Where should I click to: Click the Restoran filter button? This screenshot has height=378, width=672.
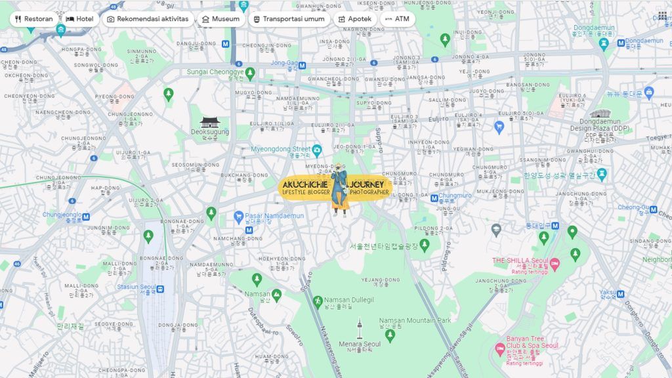click(33, 19)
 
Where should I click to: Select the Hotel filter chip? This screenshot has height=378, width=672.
click(79, 19)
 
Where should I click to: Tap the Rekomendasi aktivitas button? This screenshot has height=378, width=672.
click(148, 19)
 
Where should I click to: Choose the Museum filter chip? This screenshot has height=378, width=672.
click(220, 19)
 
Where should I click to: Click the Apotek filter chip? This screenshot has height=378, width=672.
click(354, 19)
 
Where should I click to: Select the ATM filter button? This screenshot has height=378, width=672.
click(397, 19)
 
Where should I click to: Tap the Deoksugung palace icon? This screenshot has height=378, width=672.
click(209, 122)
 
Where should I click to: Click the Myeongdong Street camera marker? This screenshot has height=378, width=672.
click(317, 150)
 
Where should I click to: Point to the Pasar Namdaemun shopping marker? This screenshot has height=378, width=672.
click(239, 216)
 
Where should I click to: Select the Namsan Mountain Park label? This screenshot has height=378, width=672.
click(415, 320)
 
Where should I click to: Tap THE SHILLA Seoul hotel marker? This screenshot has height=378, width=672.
click(555, 263)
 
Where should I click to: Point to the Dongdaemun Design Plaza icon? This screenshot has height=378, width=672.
click(600, 114)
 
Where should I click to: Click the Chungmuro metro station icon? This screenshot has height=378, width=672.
click(434, 198)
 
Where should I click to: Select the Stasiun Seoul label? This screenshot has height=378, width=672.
click(136, 287)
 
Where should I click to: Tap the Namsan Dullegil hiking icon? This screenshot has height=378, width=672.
click(318, 301)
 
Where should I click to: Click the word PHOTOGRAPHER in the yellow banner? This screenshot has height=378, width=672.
click(369, 192)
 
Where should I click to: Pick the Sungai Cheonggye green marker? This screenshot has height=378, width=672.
click(250, 73)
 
